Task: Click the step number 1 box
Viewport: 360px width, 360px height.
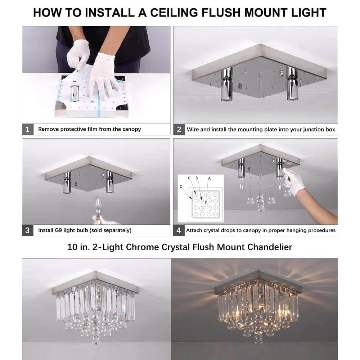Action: coord(28,129)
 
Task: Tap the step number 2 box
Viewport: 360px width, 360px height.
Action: coord(179,129)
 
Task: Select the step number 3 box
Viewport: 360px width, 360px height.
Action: coord(28,230)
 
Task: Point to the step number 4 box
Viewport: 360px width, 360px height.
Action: coord(179,230)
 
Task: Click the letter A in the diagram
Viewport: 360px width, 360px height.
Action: coord(210,178)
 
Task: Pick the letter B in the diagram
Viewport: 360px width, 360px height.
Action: coord(197,178)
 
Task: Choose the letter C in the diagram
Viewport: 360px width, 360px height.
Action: coord(189,178)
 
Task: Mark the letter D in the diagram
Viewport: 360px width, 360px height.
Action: coord(181,186)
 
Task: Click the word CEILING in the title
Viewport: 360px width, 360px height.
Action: coord(174,13)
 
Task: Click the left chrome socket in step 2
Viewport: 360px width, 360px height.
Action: coord(227,84)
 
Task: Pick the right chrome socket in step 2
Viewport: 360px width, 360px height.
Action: coord(292,83)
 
